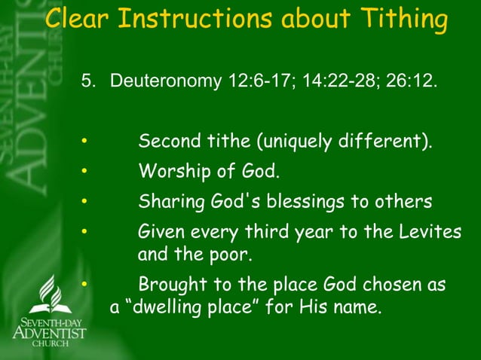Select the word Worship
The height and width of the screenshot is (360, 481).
click(170, 172)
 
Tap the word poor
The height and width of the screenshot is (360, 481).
click(230, 255)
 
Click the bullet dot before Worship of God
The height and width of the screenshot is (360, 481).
click(85, 172)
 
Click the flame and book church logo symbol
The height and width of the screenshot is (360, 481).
click(50, 294)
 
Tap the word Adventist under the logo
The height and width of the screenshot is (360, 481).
click(50, 331)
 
